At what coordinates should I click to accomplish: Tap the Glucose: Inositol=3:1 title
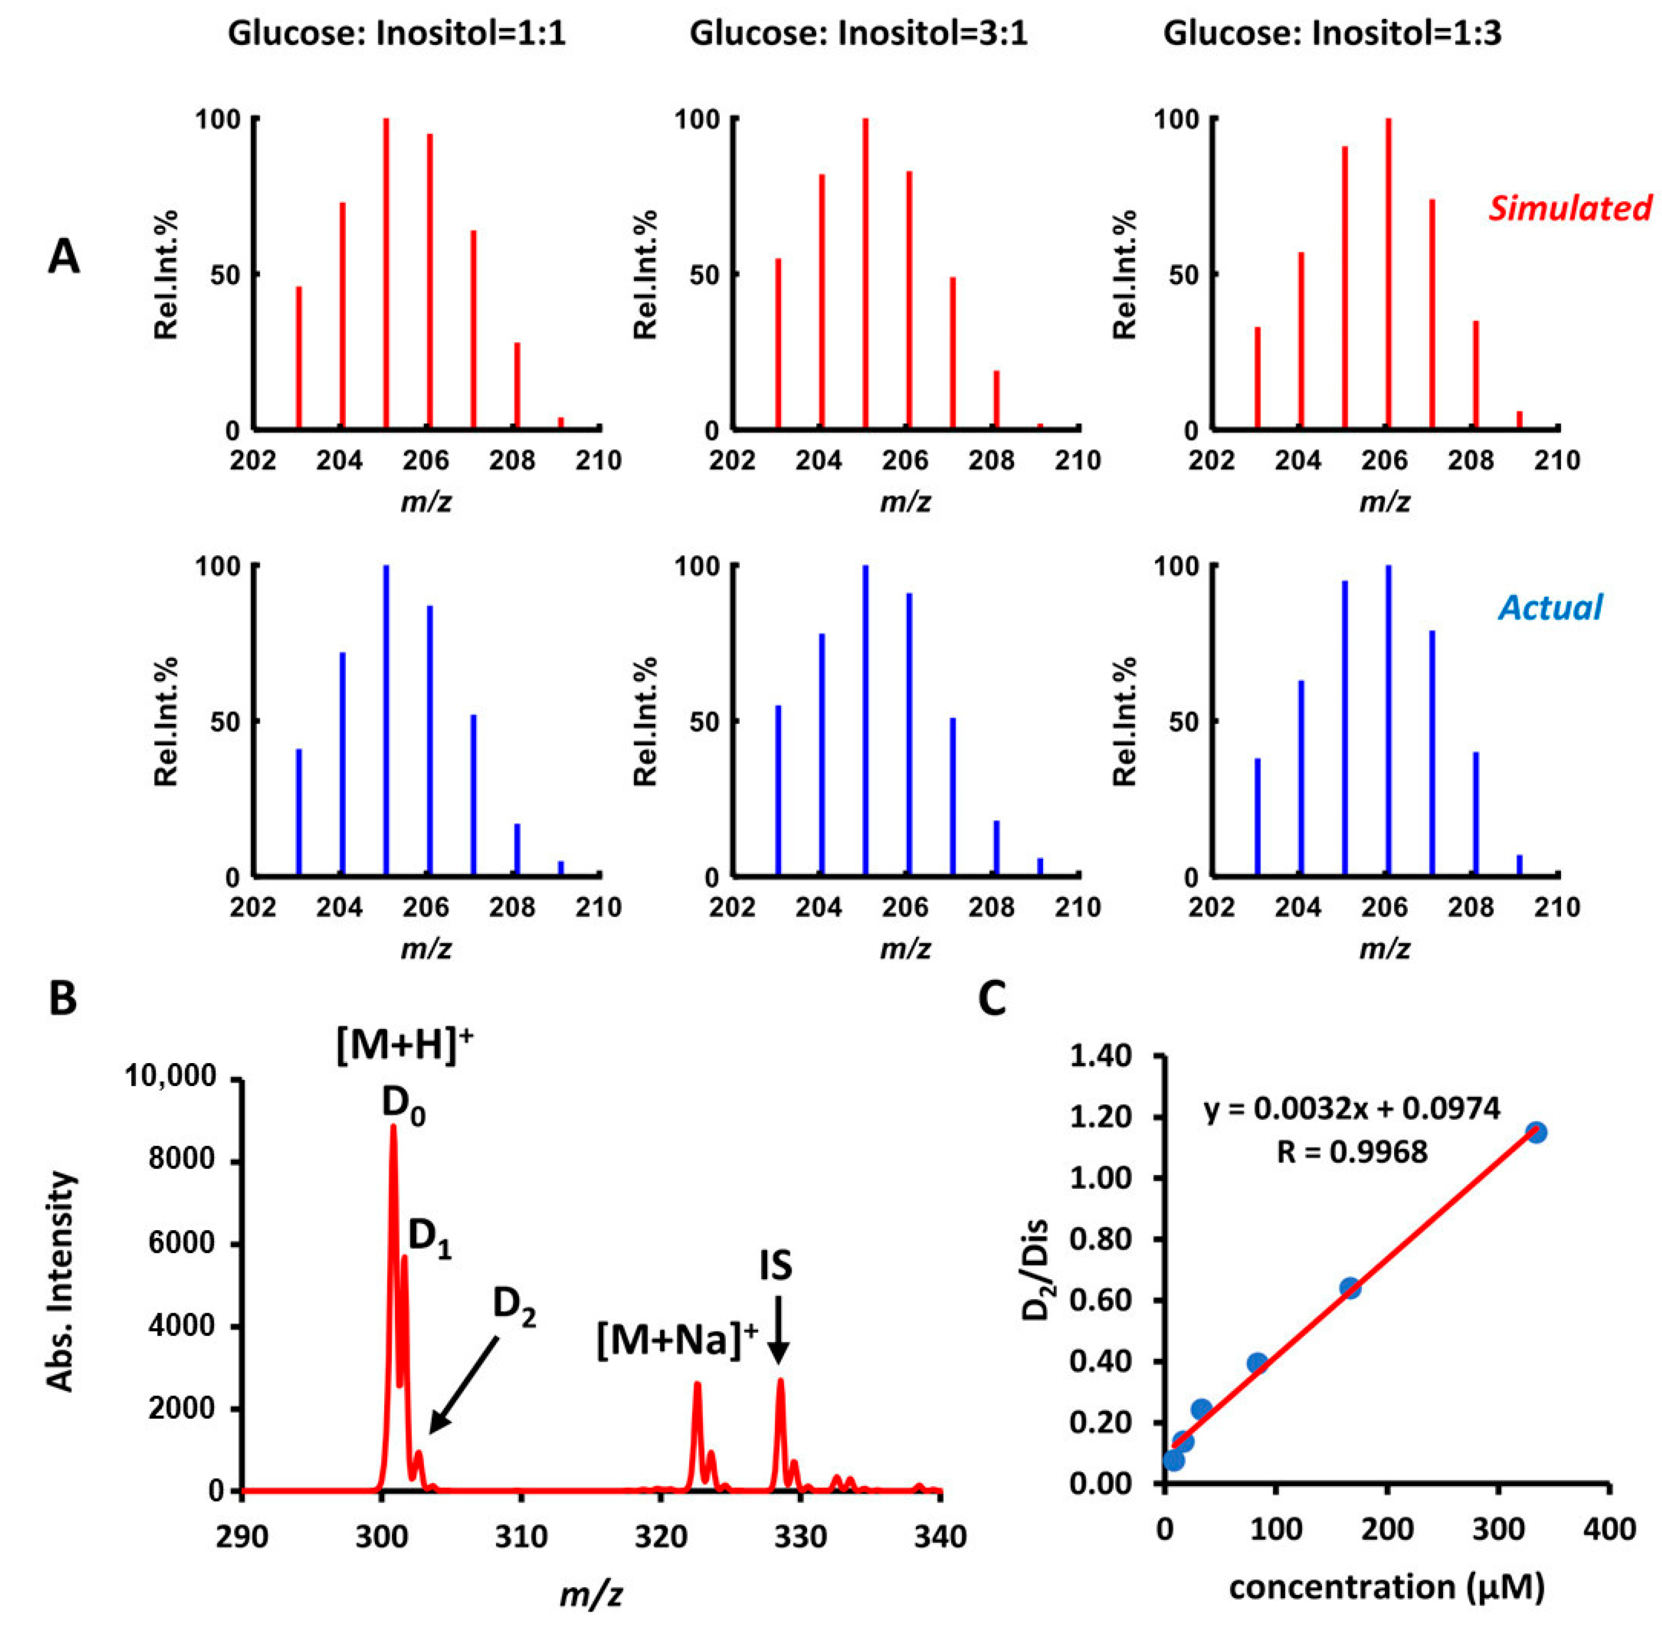[859, 33]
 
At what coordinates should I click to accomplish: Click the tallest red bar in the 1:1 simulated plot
[386, 273]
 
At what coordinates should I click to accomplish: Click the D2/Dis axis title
[1037, 1296]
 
